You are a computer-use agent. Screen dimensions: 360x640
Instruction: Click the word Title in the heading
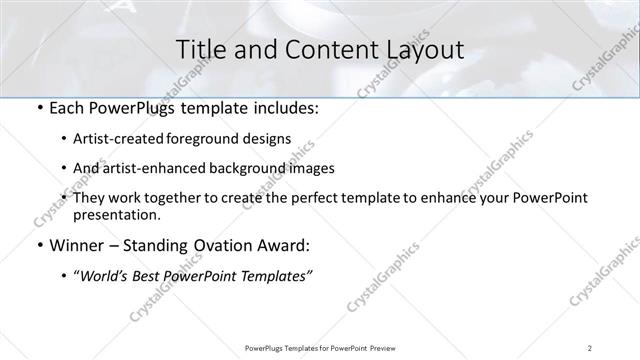click(x=198, y=49)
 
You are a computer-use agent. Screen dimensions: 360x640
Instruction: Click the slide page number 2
click(x=591, y=348)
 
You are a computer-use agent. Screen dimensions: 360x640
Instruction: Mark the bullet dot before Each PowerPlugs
click(x=39, y=109)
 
